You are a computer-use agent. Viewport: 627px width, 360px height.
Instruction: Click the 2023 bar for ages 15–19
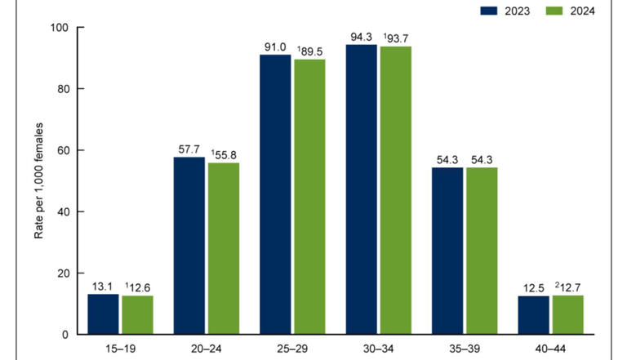coord(104,314)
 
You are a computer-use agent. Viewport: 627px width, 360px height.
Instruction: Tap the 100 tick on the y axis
coord(61,28)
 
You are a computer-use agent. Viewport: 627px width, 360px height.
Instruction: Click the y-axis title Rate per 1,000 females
coord(38,180)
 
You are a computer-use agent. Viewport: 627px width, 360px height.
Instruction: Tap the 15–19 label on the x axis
coord(120,348)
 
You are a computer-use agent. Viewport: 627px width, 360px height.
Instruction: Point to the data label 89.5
coord(311,50)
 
